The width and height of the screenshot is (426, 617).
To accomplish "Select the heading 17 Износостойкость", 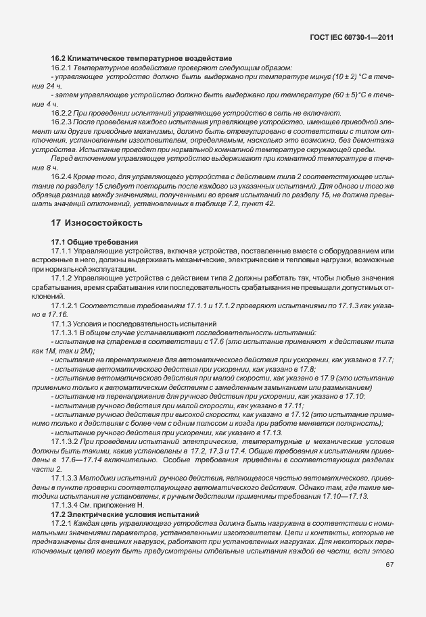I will tap(97, 222).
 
